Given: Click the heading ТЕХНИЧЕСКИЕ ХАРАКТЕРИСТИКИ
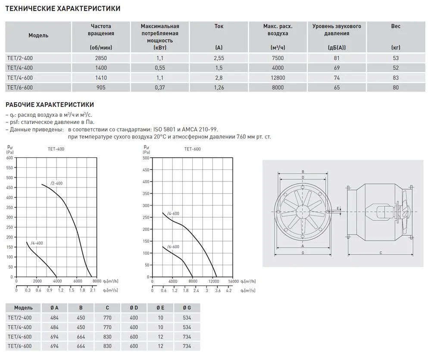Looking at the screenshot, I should [62, 8].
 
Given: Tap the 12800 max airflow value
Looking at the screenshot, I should [278, 78].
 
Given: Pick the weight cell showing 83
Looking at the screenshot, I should [396, 78].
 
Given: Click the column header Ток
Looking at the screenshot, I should [219, 26].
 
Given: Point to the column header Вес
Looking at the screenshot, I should [396, 26].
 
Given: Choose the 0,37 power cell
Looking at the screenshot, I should [159, 88].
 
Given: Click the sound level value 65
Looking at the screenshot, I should [337, 88].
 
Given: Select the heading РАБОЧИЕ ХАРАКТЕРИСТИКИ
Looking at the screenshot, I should [49, 105].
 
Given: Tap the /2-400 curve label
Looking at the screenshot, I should [56, 183].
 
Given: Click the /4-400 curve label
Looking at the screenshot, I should [37, 243].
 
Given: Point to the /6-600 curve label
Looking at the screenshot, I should [173, 246].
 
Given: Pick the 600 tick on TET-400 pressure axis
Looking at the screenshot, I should [10, 157].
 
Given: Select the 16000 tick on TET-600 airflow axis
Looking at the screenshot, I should [233, 281].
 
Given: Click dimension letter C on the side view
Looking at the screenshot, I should [381, 253].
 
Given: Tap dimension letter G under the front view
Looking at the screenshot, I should [303, 253].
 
